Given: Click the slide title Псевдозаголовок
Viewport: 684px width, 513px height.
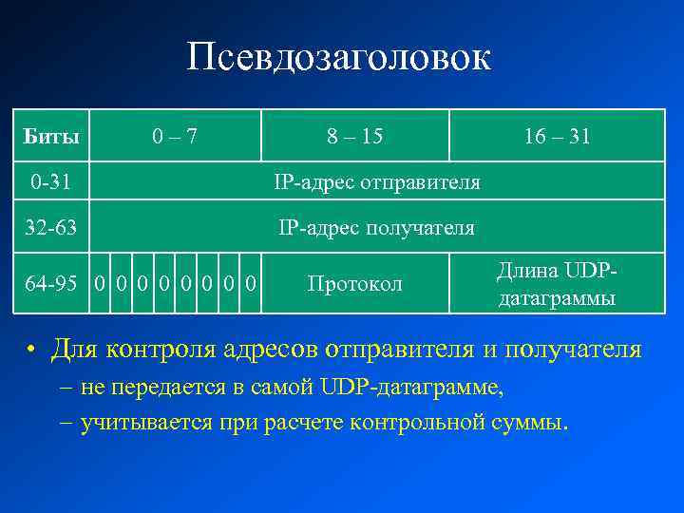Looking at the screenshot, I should pos(339,58).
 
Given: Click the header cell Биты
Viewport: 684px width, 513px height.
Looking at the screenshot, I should pos(50,136).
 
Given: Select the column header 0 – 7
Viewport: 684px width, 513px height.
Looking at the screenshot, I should pos(176,136).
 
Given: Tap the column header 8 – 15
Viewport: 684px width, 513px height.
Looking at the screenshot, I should pos(355,136).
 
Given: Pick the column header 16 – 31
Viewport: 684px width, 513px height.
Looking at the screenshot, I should pos(557,136).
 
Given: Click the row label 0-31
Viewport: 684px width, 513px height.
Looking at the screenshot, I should pos(48,180).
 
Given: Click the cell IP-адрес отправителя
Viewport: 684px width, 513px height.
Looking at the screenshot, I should pos(377,180).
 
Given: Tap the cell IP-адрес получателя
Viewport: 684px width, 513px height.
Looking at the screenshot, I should pos(376,228).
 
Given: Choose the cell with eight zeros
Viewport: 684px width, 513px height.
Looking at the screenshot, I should pos(176,283).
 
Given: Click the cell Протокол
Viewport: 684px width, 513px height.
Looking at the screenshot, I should pos(355,283).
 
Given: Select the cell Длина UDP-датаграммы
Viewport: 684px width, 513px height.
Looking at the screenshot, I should pos(557,283).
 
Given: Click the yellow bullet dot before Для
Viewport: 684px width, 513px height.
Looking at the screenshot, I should pos(31,351).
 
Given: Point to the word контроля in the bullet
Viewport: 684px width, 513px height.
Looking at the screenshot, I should pos(164,349).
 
